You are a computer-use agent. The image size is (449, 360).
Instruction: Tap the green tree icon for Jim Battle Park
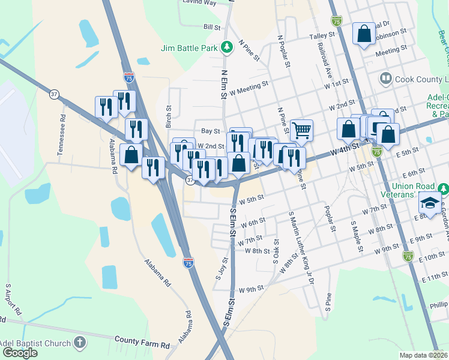click(x=226, y=46)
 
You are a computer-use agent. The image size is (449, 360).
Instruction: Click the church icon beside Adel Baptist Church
click(x=80, y=343)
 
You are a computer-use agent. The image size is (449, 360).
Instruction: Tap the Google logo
click(x=20, y=353)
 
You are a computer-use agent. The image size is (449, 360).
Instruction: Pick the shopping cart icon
click(x=301, y=129)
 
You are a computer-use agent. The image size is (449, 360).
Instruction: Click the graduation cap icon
click(x=430, y=202)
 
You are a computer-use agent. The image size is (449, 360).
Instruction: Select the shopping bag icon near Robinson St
click(x=364, y=34)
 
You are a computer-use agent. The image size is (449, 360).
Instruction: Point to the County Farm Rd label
click(x=142, y=345)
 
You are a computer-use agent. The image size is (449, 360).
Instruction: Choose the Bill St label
click(x=212, y=27)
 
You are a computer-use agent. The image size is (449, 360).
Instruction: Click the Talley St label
click(x=321, y=37)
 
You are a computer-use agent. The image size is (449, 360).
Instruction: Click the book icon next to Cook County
click(x=385, y=79)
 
